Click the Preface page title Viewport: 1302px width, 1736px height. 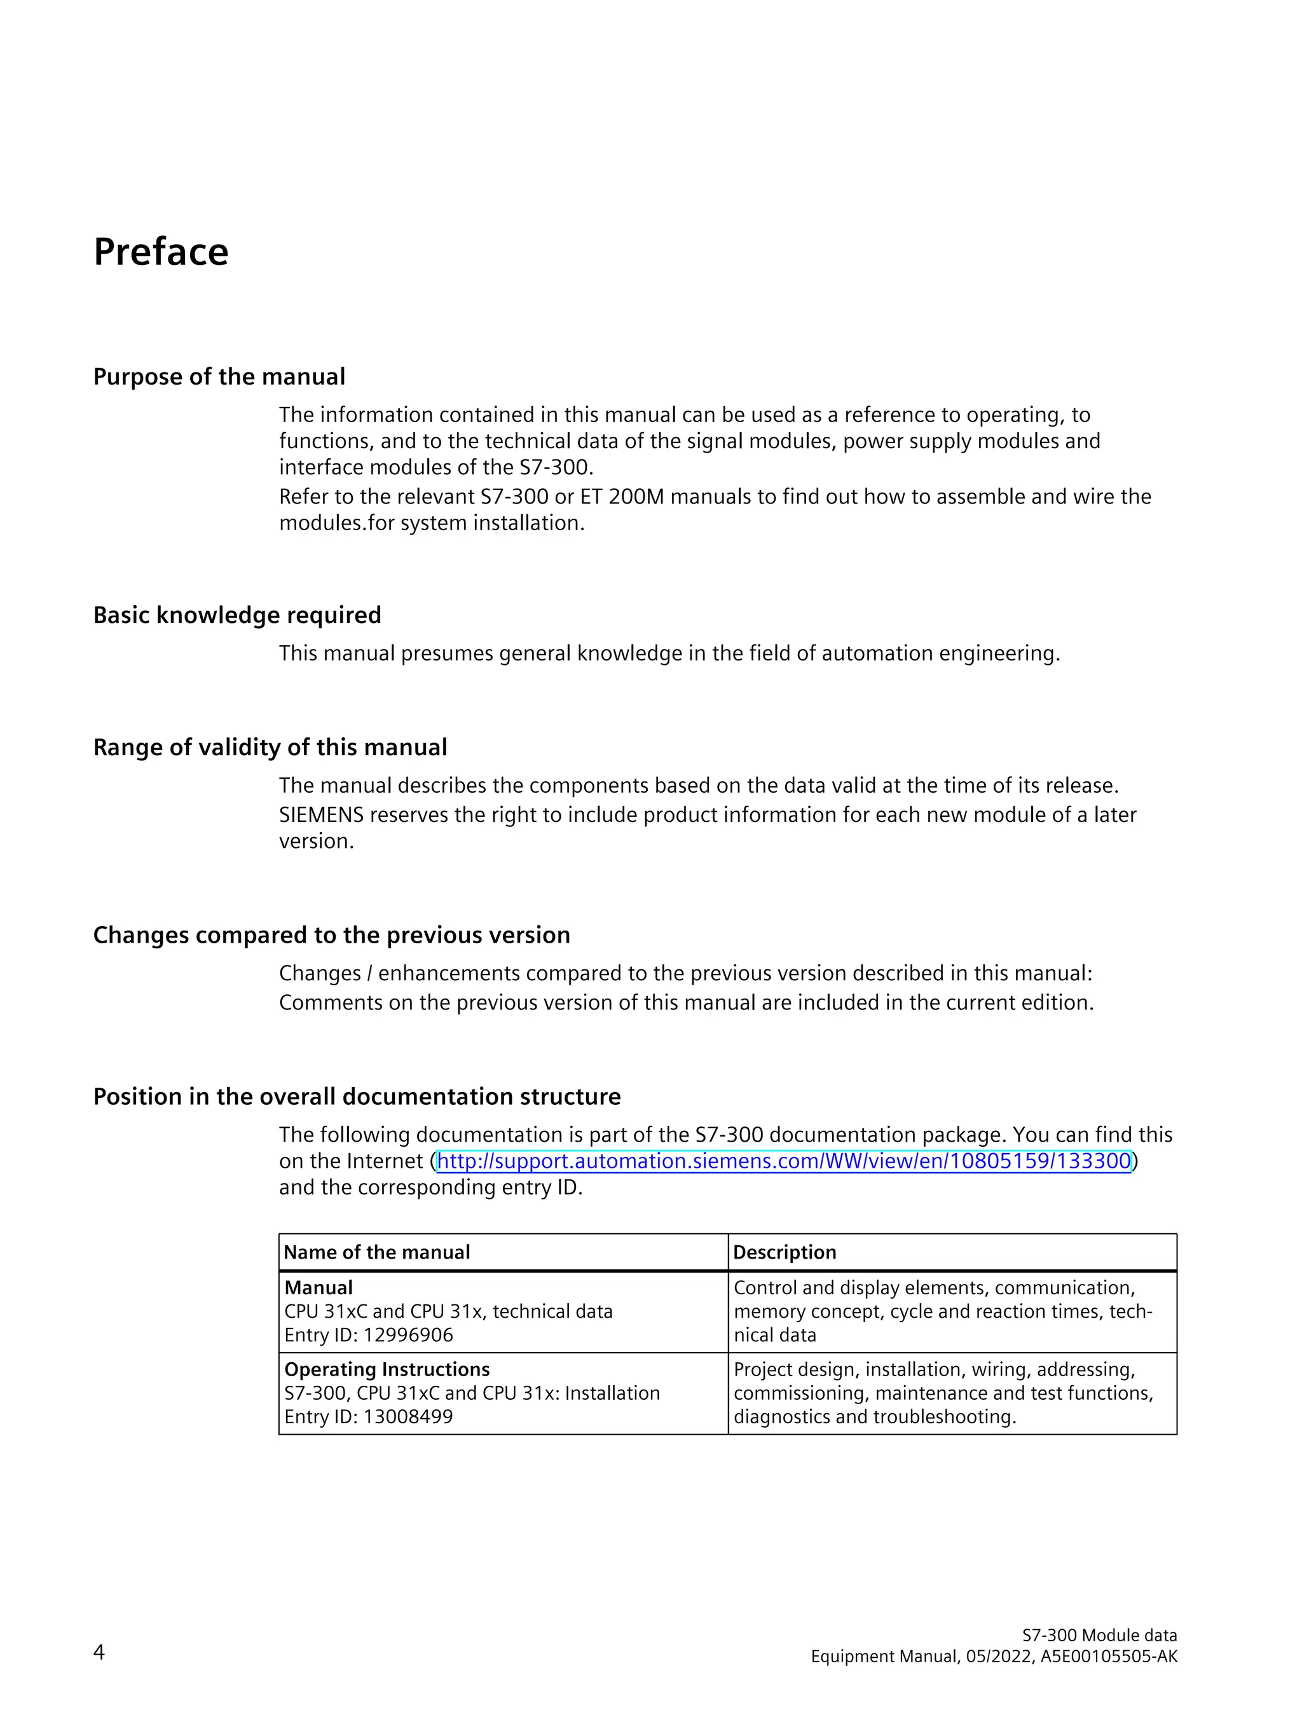coord(161,252)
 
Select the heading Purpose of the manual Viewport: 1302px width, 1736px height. coord(219,377)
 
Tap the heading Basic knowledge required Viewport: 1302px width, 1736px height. coord(237,615)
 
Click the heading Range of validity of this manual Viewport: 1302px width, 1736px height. coord(270,746)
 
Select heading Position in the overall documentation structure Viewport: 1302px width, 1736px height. coord(356,1096)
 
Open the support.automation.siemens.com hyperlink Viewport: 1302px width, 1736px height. coord(783,1161)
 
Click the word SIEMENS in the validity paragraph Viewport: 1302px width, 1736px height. coord(321,815)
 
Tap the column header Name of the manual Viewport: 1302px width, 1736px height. coord(377,1252)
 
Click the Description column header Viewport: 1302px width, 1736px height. coord(785,1252)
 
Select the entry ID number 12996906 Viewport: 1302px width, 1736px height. coord(408,1335)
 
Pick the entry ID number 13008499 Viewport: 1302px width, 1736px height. coord(408,1417)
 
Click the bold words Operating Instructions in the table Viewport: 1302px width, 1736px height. coord(387,1369)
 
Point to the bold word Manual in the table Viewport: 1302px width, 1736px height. coord(319,1288)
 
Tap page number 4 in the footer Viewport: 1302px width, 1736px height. coord(99,1652)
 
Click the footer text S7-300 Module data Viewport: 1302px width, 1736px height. coord(1099,1635)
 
